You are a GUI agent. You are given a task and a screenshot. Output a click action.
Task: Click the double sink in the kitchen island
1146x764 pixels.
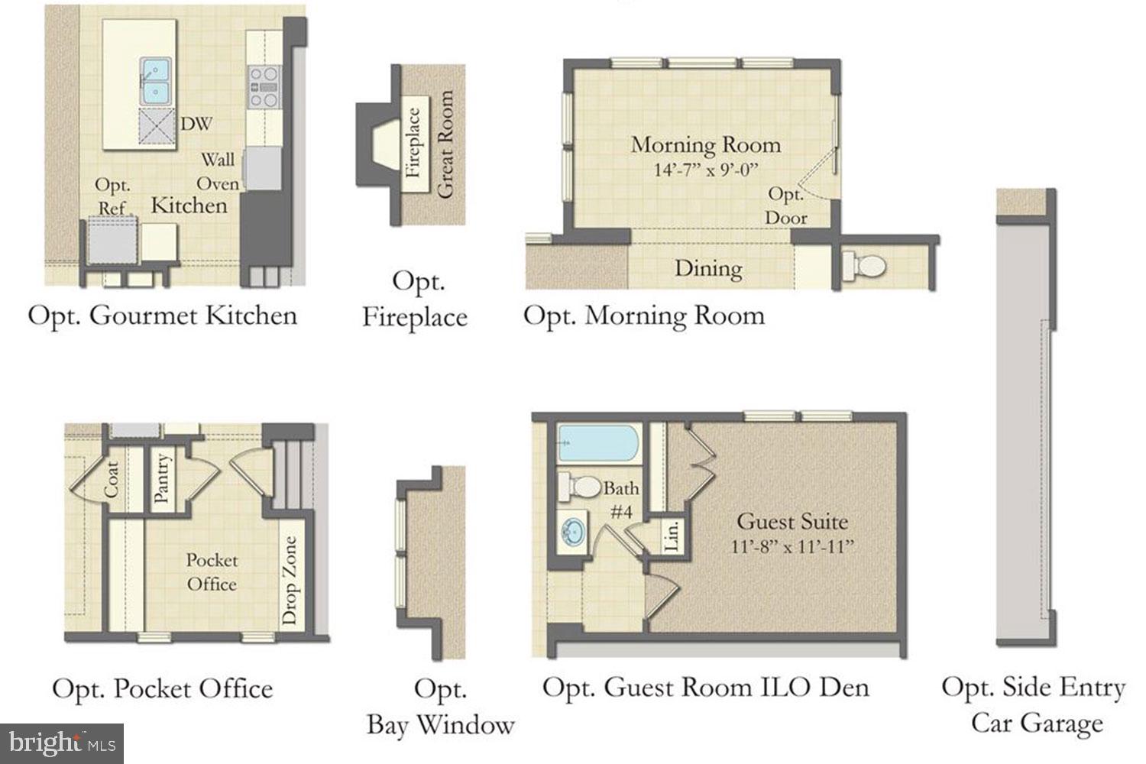point(156,81)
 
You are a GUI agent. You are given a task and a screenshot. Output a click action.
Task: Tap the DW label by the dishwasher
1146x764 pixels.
point(196,124)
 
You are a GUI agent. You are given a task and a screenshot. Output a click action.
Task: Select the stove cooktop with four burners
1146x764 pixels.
point(264,87)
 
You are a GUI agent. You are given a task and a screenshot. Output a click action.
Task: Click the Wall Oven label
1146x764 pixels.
point(218,171)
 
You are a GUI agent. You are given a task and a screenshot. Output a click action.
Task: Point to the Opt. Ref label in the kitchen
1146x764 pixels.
point(112,196)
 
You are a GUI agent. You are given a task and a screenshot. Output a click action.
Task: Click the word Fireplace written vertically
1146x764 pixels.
point(413,143)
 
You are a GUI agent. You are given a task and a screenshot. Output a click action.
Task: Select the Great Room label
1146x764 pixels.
point(445,144)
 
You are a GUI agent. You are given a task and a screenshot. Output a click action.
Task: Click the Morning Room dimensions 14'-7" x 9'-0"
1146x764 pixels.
point(706,170)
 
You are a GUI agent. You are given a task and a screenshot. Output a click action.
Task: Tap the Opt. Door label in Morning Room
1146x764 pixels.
point(786,206)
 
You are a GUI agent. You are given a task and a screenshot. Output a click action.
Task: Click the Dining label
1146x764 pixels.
point(708,269)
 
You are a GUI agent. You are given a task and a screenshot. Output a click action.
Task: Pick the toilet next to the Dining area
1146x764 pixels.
point(863,266)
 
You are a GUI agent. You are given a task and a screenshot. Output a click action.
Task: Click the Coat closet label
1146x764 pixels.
point(112,480)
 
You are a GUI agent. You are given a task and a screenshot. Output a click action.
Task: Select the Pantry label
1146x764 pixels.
point(160,478)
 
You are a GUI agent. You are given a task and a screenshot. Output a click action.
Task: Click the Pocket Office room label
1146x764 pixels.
point(212,571)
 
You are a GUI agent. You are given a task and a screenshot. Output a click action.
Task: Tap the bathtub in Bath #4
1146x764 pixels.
point(598,443)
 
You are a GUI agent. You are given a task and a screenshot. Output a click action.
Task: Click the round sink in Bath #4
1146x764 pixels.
point(572,532)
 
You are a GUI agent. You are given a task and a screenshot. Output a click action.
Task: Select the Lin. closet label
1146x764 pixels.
point(672,536)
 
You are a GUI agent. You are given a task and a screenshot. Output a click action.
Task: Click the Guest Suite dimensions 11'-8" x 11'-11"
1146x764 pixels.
point(792,546)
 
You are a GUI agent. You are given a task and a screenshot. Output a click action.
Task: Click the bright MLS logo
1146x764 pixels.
point(62,743)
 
